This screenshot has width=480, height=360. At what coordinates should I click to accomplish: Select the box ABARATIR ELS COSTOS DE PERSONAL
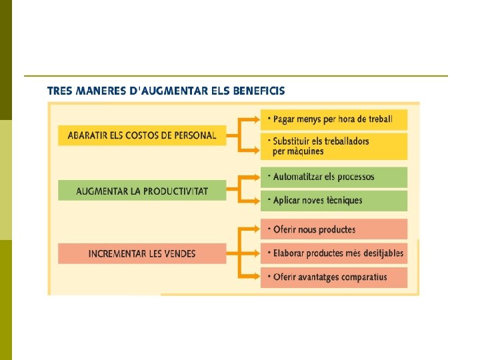(142, 135)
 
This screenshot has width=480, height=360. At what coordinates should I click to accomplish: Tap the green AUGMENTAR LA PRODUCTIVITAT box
(142, 191)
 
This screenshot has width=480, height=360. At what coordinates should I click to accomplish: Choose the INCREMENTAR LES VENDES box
(142, 253)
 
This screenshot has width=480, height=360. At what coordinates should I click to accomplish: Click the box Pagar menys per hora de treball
(333, 120)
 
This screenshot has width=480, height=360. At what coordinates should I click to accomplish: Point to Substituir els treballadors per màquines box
(333, 146)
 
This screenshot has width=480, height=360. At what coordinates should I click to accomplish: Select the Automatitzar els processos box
(333, 177)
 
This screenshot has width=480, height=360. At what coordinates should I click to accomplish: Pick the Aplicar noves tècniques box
(333, 200)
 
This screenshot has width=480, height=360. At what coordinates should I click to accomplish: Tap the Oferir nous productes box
(333, 229)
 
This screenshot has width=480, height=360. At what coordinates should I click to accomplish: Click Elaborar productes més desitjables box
(333, 253)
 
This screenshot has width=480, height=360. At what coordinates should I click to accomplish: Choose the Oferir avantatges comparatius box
(333, 277)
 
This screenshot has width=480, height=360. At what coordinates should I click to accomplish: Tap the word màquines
(307, 151)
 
